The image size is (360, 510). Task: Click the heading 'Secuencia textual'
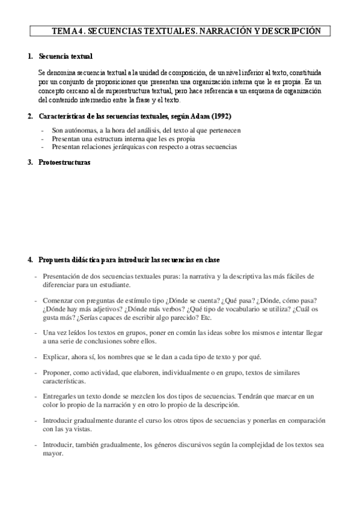[x=65, y=57]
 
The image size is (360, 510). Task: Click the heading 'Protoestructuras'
[x=64, y=162]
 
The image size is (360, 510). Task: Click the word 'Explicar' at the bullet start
[x=57, y=357]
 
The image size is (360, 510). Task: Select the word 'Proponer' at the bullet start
[x=58, y=373]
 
